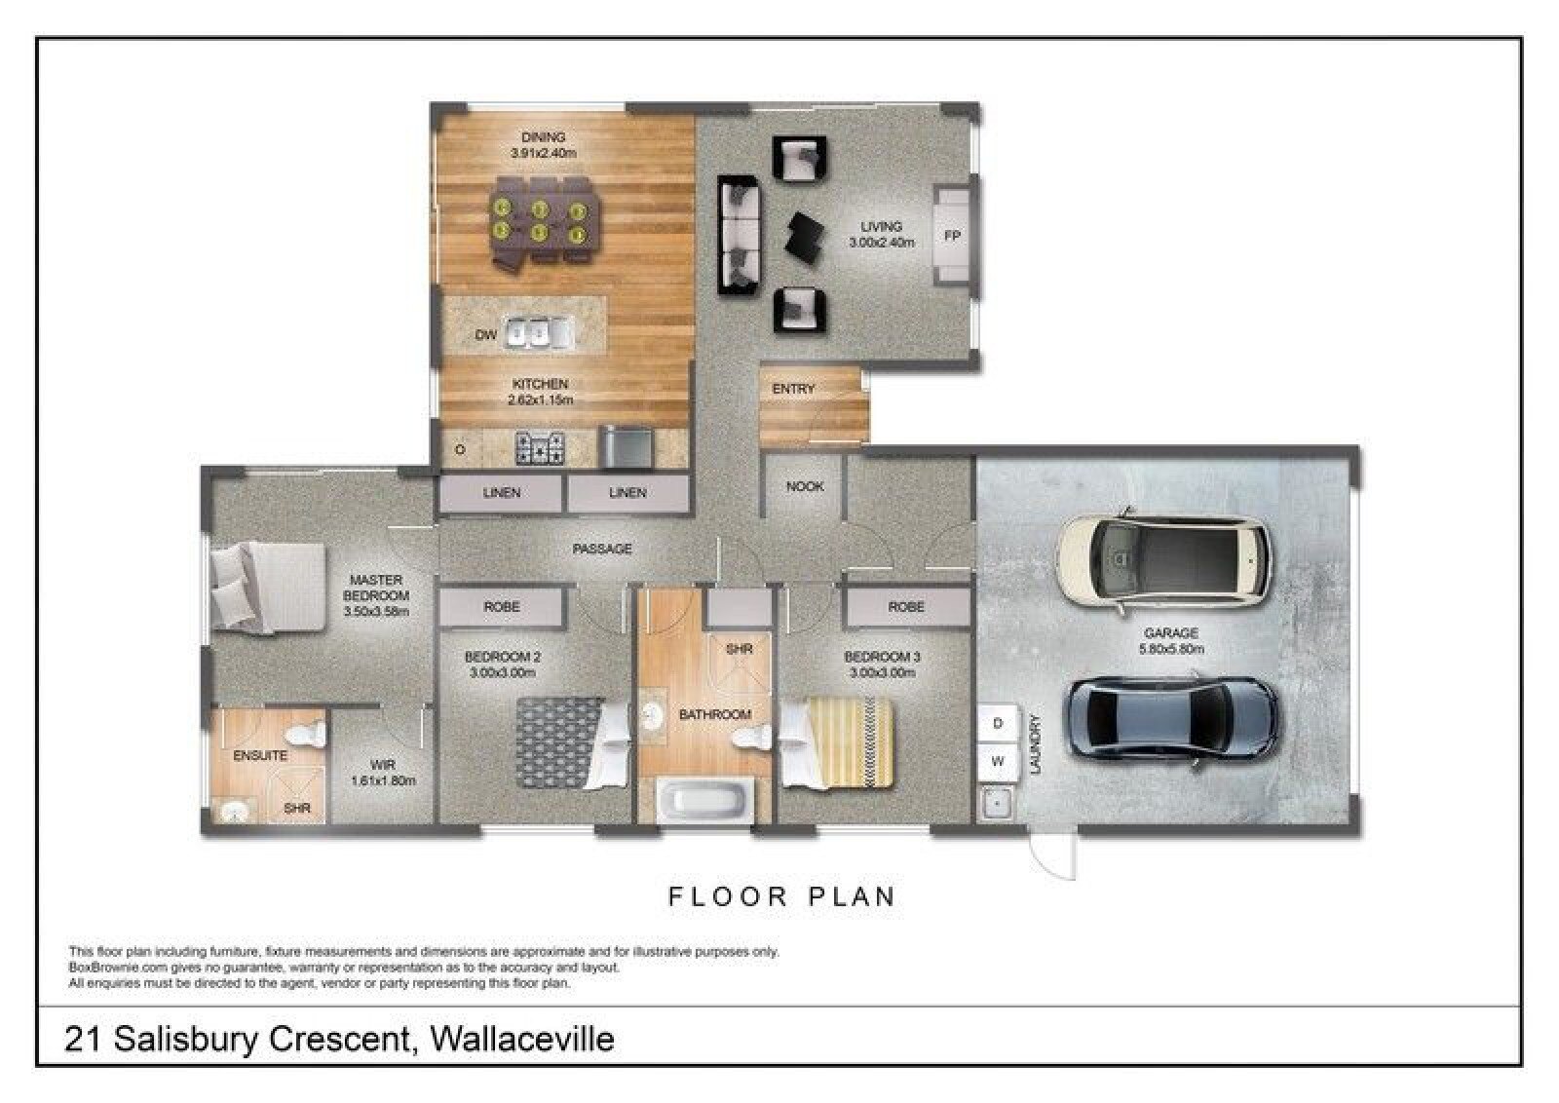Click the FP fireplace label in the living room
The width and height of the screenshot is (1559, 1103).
pos(952,236)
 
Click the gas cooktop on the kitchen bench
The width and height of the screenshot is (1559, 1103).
pos(540,448)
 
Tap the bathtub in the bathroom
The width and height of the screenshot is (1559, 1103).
pos(704,801)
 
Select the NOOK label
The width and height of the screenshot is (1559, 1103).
pos(805,486)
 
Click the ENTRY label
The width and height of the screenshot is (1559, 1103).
pos(793,389)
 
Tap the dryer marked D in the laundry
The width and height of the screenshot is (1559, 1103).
pos(998,724)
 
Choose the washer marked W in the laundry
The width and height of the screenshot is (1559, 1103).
pos(998,762)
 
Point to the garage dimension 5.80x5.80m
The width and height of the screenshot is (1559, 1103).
pos(1171,649)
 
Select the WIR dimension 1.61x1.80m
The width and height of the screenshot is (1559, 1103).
pos(384,780)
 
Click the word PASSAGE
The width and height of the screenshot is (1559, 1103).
pos(602,550)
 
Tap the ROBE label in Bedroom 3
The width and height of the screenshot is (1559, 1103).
pos(906,607)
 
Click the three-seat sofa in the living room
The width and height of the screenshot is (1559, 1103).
pos(740,236)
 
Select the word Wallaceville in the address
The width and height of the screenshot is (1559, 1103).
pos(522,1040)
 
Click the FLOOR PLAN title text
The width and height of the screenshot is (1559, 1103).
pos(782,897)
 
